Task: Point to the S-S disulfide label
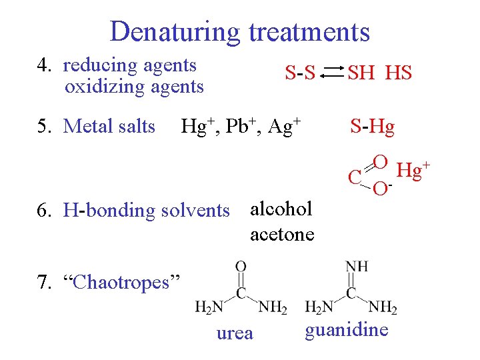300,73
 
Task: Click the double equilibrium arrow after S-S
331,73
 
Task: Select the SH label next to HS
361,73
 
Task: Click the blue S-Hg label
373,126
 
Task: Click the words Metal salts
109,126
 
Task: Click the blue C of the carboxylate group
355,177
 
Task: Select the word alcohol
281,209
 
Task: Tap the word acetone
282,234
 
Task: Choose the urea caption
235,333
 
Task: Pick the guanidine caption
347,330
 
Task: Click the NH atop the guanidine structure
357,266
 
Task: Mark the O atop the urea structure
241,266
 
